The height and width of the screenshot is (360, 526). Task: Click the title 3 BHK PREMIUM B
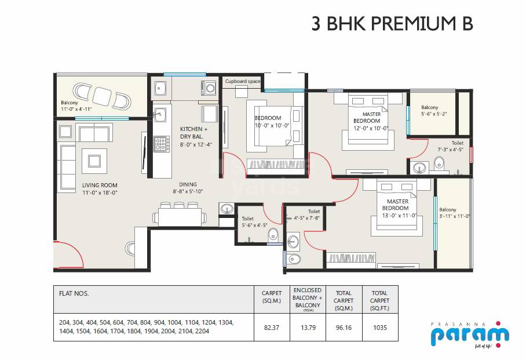tap(392, 24)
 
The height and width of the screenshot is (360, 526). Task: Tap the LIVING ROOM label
tap(100, 186)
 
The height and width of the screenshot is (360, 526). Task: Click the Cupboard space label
tap(243, 82)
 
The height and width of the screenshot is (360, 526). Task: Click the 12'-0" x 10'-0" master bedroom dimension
tap(371, 128)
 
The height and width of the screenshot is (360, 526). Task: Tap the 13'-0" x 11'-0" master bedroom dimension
tap(397, 215)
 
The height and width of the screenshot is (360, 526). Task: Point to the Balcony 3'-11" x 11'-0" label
tap(454, 213)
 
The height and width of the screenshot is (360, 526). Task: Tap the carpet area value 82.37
tap(272, 328)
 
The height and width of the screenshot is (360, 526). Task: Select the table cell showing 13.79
tap(307, 328)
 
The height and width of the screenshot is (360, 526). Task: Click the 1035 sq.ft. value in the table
tap(379, 328)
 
